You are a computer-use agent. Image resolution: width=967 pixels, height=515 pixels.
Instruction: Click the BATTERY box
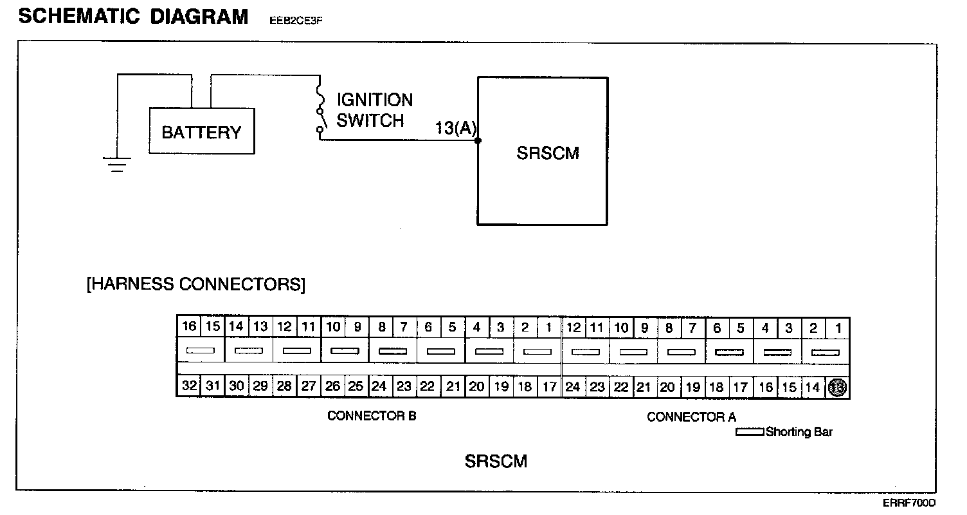(x=201, y=132)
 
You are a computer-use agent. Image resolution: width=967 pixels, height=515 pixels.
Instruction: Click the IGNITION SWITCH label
(x=374, y=110)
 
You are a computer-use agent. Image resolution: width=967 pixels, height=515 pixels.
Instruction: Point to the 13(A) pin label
(x=455, y=128)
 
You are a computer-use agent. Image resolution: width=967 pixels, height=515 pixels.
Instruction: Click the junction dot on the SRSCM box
(x=478, y=140)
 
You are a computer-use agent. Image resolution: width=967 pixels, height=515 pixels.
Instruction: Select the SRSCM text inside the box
(x=548, y=153)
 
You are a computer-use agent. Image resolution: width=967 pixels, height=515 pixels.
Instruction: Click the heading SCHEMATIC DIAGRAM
(x=133, y=17)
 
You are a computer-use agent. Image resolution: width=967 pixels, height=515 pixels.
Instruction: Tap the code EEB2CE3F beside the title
(x=296, y=20)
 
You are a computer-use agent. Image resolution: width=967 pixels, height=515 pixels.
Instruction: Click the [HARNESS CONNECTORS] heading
(x=196, y=285)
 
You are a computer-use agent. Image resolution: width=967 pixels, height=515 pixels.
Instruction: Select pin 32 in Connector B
(x=189, y=386)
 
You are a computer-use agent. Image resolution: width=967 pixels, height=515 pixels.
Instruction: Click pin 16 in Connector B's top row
(x=189, y=326)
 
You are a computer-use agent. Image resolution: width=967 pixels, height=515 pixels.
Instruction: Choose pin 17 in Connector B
(x=549, y=387)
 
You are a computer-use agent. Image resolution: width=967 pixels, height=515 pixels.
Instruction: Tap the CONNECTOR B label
(x=372, y=416)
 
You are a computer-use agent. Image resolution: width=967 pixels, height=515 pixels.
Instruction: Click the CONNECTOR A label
(x=691, y=417)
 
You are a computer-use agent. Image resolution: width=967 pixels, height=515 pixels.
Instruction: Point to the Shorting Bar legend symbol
(x=750, y=432)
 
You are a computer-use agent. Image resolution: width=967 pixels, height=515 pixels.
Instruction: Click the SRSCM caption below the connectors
(x=496, y=462)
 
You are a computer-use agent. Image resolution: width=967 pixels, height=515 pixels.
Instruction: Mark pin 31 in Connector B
(x=212, y=386)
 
